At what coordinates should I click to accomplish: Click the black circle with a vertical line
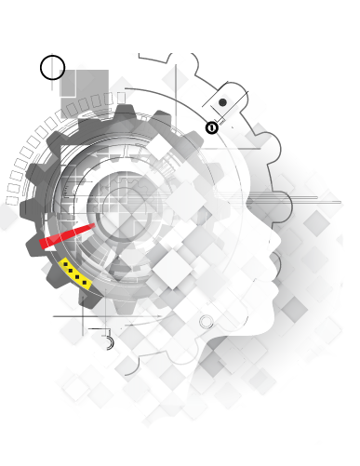pos(53,67)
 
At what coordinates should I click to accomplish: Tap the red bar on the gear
pos(67,235)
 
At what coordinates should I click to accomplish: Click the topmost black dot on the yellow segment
pos(64,266)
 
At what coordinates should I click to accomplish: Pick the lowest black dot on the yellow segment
pos(86,282)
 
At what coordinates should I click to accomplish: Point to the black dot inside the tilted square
pos(222,102)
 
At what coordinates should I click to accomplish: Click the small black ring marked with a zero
pos(211,127)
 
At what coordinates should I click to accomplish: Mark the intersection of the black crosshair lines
pos(83,316)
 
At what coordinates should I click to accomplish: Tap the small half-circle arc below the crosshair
pos(109,343)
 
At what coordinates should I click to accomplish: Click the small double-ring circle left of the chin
pos(207,322)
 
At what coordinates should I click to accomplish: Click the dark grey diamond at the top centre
pos(175,79)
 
